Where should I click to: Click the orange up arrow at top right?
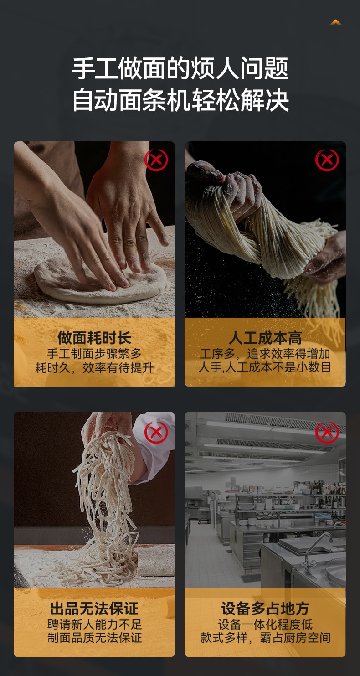click(x=335, y=22)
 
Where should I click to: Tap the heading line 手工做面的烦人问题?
click(x=180, y=68)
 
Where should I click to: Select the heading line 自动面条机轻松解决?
click(x=180, y=100)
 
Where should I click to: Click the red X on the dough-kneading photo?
click(x=156, y=160)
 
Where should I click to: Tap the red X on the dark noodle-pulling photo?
click(x=327, y=160)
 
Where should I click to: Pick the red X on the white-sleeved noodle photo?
click(x=156, y=433)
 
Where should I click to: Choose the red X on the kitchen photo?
click(x=327, y=433)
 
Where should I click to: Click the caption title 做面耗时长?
click(x=94, y=338)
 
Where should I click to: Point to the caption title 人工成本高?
click(x=265, y=338)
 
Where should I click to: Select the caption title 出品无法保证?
click(x=94, y=609)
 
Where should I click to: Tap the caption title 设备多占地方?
click(x=265, y=609)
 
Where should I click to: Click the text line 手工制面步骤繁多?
click(x=94, y=353)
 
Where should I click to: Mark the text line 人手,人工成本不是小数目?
click(x=265, y=367)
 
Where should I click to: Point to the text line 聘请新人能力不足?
click(x=94, y=624)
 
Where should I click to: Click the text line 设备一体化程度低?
click(x=265, y=624)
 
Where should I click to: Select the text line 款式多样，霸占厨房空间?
click(x=265, y=638)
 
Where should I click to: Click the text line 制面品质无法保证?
click(x=94, y=638)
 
